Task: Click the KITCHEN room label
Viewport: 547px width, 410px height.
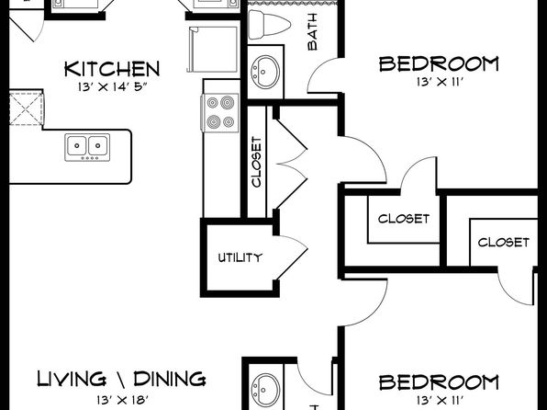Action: coord(112,69)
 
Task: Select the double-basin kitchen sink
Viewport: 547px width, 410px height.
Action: coord(87,147)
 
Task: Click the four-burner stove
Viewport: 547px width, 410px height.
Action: coord(220,112)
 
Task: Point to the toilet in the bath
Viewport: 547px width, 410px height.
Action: coord(269,25)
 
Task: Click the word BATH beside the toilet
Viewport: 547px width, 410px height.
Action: coord(313,32)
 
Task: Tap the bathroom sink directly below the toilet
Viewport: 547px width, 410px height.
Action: coord(266,72)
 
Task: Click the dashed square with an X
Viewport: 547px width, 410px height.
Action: coord(27,108)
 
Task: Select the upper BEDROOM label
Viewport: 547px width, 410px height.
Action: coord(439,64)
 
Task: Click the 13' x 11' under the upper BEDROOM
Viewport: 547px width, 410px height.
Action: coord(440,82)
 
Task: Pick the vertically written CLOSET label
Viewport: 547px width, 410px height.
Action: coord(256,162)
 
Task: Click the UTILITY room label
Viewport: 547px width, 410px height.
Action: coord(240,257)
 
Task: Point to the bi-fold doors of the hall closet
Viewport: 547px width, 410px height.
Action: coord(290,164)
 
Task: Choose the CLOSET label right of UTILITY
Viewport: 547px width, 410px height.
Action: coord(404,219)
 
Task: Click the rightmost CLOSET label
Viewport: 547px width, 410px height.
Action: coord(503,242)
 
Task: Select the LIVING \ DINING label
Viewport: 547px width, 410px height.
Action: coord(121,379)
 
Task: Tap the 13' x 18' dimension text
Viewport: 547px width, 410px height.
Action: coord(123,399)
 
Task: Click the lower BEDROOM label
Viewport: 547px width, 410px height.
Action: coord(439,382)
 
